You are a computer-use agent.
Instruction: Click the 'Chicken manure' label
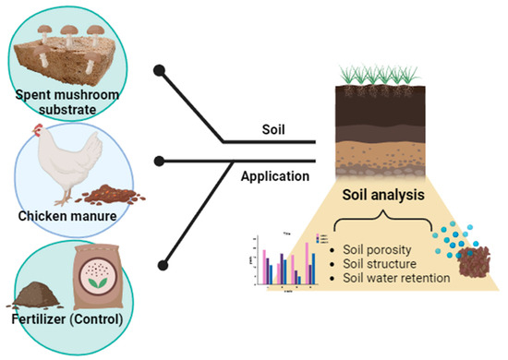pyautogui.click(x=67, y=215)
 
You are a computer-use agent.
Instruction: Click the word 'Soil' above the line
pyautogui.click(x=270, y=131)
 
